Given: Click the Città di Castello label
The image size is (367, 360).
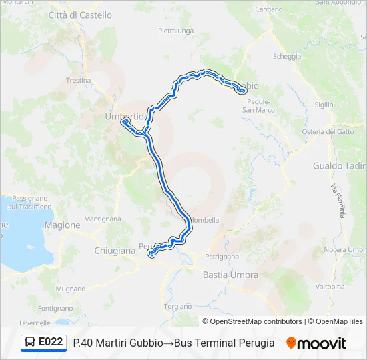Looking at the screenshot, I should (80, 15).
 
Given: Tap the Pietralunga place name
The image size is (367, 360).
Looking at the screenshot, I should (176, 31).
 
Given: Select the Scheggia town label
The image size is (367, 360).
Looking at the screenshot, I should (287, 57).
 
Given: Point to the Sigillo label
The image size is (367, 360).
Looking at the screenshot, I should (324, 105).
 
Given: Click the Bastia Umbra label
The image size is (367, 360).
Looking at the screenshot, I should (230, 274).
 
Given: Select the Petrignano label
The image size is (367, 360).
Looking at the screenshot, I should (222, 256).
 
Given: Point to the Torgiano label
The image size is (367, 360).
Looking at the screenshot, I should (177, 306).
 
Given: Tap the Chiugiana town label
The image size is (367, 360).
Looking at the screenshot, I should (115, 251).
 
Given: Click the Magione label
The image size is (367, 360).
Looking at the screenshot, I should (62, 225).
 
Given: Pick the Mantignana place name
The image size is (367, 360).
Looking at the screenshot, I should (103, 219).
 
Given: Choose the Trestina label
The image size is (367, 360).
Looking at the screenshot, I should (78, 80).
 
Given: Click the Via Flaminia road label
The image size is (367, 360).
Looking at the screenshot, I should (339, 201).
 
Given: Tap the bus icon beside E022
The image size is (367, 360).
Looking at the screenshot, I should (30, 343).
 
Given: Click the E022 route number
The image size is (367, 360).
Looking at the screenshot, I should (51, 343).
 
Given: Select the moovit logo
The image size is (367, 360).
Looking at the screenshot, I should (316, 343).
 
